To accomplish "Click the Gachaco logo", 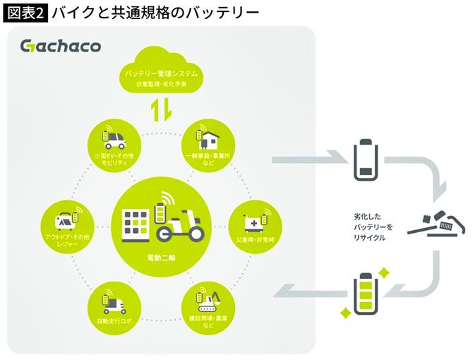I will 61,47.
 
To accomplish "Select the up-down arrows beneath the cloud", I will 161,110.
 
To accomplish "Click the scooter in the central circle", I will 179,224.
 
